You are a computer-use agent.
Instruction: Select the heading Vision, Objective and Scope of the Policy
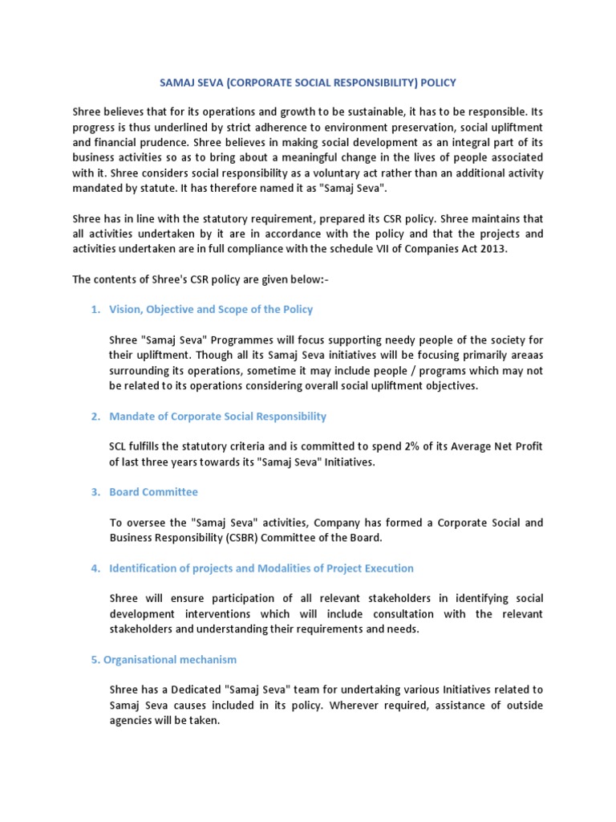(x=211, y=309)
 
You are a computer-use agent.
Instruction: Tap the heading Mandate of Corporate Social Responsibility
(x=217, y=416)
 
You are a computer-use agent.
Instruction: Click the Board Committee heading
(x=153, y=491)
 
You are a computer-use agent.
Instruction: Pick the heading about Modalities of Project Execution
(x=261, y=568)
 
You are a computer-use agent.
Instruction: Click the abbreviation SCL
(x=120, y=446)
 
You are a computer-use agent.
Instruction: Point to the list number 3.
(x=95, y=491)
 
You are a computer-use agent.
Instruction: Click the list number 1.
(x=95, y=309)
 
